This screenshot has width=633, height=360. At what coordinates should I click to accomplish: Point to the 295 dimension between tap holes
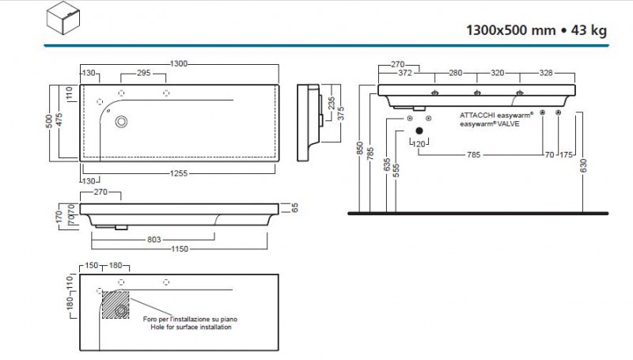[143, 73]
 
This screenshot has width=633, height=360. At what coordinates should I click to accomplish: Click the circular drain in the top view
[122, 122]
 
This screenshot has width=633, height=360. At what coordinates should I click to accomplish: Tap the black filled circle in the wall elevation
[419, 131]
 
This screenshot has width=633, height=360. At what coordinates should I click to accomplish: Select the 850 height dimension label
[359, 150]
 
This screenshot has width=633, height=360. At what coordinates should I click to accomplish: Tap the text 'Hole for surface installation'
[190, 325]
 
